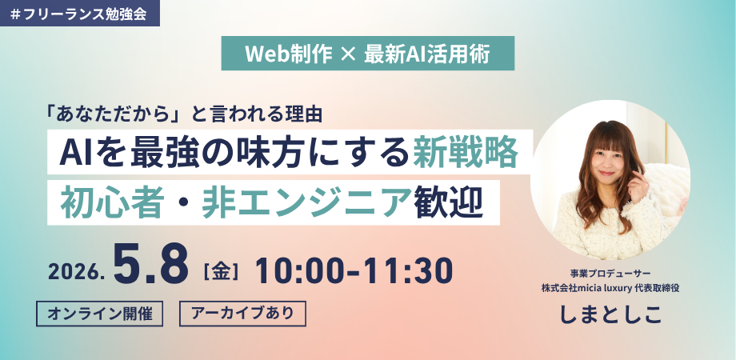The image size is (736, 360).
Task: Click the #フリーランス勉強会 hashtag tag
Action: [80, 13]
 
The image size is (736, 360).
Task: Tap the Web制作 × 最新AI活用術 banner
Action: [367, 54]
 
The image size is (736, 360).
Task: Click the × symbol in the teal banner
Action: [346, 54]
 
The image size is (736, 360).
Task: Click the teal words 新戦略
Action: [465, 152]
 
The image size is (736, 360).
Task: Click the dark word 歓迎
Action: [448, 205]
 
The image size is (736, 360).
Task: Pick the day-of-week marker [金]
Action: [221, 272]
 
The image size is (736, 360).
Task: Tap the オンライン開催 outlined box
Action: [99, 314]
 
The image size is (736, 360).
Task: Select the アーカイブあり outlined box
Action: [242, 314]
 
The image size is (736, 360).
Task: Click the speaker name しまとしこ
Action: [610, 314]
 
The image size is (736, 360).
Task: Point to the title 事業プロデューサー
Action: [610, 274]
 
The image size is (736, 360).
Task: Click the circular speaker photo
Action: [610, 180]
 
